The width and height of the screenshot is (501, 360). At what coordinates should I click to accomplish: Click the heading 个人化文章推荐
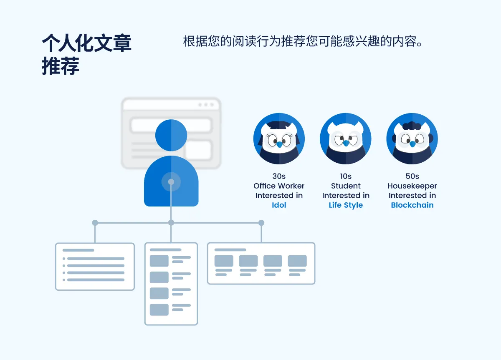point(86,54)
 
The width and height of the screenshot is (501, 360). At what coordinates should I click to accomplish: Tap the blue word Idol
point(279,205)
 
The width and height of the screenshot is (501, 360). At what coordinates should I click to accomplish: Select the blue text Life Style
point(346,205)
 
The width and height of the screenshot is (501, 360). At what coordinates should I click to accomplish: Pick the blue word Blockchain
point(412,205)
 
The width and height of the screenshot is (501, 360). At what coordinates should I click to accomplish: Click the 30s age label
point(279,176)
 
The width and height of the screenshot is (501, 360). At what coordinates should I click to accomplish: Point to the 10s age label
point(346,176)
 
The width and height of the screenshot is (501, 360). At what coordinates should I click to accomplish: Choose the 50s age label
point(412,176)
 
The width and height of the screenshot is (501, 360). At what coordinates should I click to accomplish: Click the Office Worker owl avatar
point(279,139)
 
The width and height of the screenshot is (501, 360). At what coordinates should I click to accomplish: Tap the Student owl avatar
point(346,139)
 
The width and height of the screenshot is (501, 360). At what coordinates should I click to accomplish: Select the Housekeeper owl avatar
point(412,139)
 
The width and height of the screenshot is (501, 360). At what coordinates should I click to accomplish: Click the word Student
point(346,186)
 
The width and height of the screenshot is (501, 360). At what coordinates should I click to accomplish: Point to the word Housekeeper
point(412,186)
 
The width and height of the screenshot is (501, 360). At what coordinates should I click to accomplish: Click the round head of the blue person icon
point(171,135)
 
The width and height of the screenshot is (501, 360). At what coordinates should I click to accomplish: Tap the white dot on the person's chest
point(171,182)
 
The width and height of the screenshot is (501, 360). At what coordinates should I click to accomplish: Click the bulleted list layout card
point(95,267)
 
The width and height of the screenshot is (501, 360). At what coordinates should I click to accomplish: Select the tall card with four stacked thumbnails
point(171,284)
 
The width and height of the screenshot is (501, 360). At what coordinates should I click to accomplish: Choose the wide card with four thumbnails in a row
point(261,263)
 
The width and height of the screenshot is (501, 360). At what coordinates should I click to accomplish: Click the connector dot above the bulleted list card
point(95,223)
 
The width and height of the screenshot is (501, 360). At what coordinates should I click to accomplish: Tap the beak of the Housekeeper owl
point(412,144)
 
